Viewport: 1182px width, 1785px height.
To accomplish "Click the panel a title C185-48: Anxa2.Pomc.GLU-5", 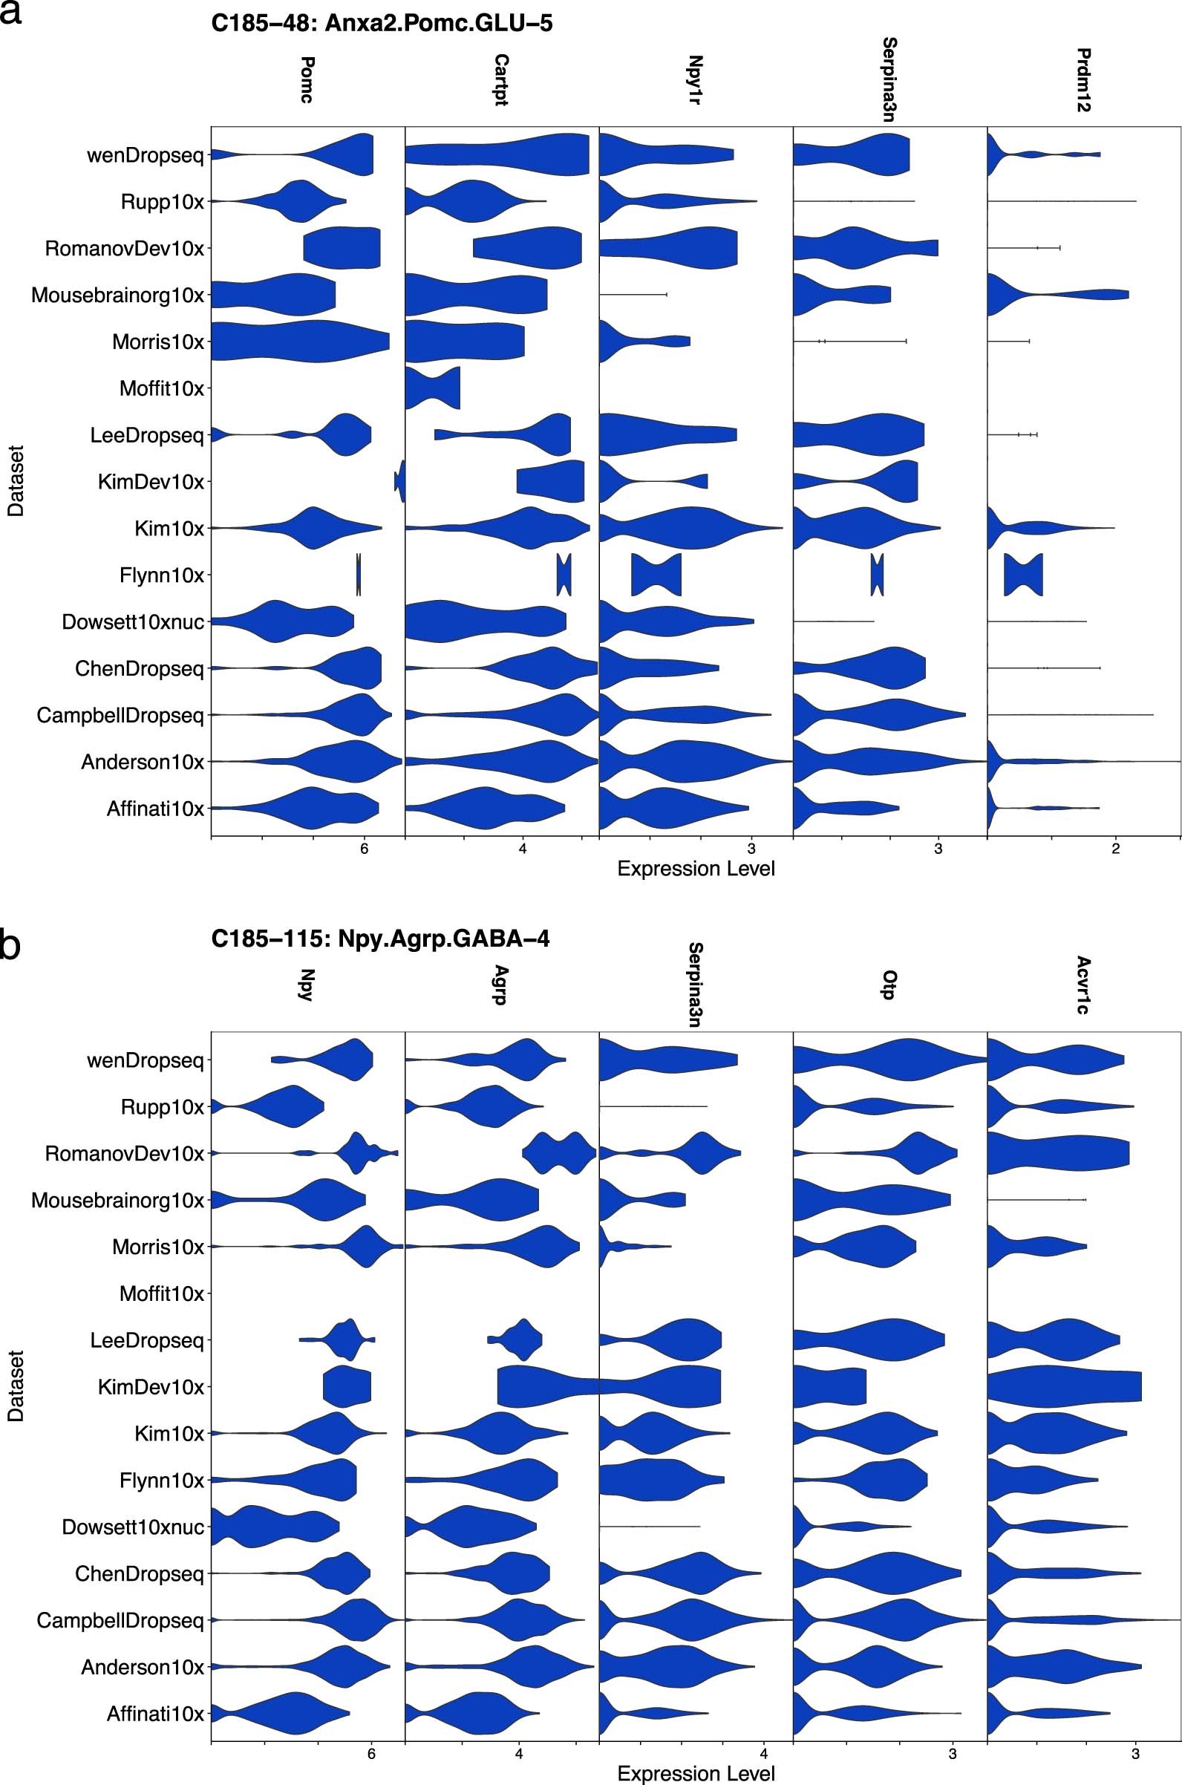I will click(382, 23).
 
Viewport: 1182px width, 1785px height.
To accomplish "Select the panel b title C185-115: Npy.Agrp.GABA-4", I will click(380, 939).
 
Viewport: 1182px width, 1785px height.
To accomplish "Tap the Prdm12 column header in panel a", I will click(1084, 80).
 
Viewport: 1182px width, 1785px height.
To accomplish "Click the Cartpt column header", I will click(501, 80).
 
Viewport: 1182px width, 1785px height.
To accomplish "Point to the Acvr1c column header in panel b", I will click(1083, 985).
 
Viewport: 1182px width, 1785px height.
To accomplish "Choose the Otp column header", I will click(889, 985).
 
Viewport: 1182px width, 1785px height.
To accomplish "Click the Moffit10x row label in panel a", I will click(161, 389).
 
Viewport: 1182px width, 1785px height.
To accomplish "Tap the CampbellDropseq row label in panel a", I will click(120, 715).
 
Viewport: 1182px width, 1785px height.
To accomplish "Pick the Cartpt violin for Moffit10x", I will click(433, 389).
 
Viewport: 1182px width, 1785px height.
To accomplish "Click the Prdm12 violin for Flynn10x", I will click(1023, 575).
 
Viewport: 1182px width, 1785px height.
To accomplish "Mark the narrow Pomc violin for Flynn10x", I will click(359, 575).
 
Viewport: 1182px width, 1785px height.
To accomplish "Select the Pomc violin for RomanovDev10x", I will click(343, 248).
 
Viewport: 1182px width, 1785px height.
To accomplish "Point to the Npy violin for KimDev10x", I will click(347, 1387).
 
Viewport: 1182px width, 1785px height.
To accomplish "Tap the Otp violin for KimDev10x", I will click(829, 1387).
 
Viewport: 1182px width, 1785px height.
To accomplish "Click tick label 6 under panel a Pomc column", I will click(364, 849).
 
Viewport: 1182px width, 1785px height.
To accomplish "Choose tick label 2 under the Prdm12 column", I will click(1116, 849).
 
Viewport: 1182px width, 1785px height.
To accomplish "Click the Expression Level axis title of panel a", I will click(696, 869).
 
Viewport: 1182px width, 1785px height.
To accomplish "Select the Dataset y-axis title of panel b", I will click(16, 1386).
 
